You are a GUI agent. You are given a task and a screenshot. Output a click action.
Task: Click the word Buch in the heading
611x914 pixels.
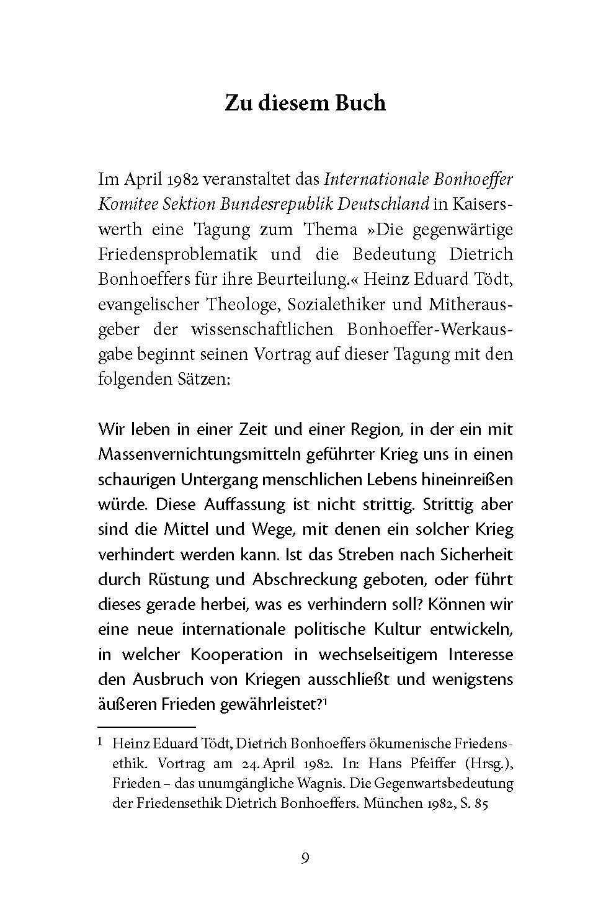pyautogui.click(x=357, y=102)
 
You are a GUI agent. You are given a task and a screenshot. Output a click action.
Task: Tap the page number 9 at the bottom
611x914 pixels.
pyautogui.click(x=305, y=858)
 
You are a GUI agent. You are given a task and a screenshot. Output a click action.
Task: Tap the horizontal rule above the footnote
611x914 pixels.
pyautogui.click(x=146, y=725)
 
